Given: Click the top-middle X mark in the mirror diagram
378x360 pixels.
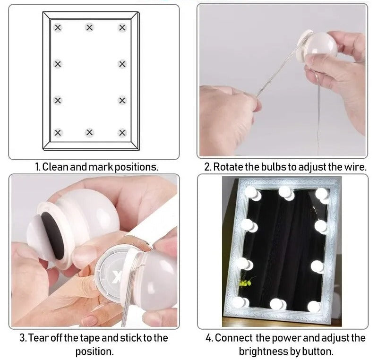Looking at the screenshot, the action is point(89,27).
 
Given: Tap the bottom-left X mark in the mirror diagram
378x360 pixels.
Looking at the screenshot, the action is point(58,133).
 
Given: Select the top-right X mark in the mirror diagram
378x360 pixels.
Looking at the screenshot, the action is point(122,28).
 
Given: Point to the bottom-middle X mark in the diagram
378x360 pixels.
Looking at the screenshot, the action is point(89,132).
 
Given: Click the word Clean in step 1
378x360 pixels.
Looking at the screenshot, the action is point(56,167).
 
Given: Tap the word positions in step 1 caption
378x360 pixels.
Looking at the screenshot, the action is point(136,167).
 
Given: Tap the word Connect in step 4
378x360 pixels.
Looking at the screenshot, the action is point(234,338).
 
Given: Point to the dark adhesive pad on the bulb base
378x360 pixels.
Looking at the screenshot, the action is point(52,236).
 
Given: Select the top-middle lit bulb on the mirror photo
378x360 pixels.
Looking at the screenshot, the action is point(286,193).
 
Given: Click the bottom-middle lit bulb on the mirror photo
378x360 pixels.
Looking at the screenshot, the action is point(278,304).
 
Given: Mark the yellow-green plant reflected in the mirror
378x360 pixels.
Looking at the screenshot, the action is point(246,282).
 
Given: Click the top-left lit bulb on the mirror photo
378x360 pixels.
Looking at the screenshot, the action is point(253,193).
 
